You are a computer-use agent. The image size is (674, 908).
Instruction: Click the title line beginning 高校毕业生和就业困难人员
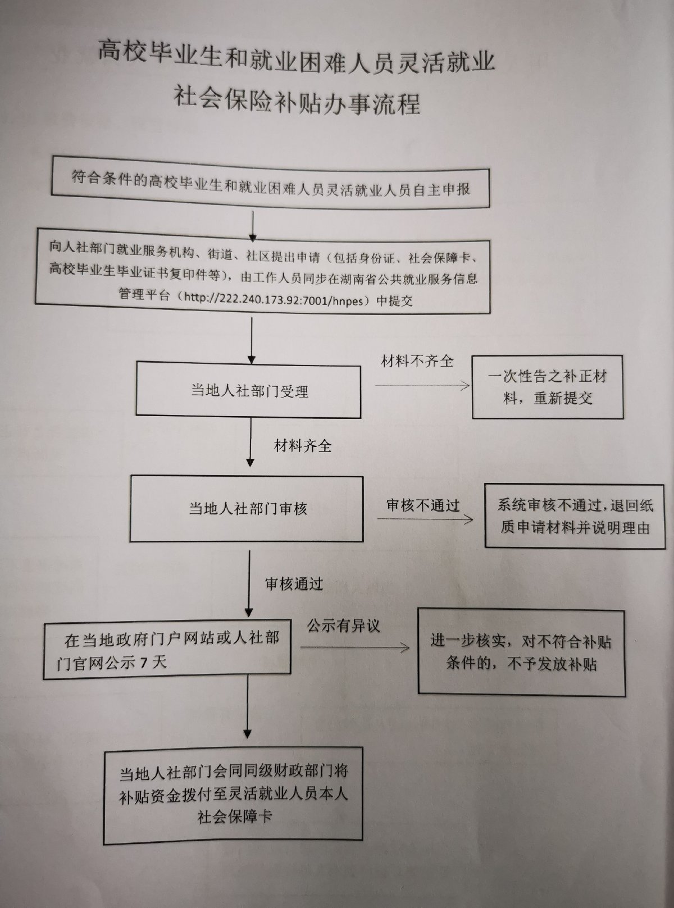tap(297, 60)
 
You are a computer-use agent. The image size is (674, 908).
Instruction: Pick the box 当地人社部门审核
tap(247, 509)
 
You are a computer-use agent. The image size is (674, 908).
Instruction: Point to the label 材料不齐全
tap(417, 361)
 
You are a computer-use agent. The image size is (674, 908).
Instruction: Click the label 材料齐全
tap(302, 446)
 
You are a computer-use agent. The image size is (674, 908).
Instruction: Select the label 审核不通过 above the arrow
tap(422, 505)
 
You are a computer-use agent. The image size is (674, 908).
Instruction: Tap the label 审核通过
tap(294, 584)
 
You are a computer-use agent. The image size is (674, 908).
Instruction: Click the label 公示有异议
tap(343, 626)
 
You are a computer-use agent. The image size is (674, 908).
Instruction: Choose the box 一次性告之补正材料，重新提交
tap(547, 387)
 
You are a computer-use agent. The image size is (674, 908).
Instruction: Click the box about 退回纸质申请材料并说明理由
tap(575, 516)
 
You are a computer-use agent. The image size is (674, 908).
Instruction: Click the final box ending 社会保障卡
tap(233, 795)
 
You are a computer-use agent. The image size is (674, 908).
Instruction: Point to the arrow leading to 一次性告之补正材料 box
tap(422, 385)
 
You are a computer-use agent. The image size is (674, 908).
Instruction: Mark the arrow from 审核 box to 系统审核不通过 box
tap(425, 518)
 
